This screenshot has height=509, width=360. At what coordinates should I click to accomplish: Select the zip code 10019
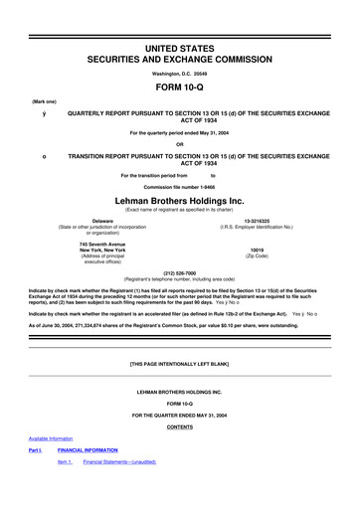257,249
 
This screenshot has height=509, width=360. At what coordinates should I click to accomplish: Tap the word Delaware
101,221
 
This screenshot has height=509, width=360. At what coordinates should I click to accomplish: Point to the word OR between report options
179,145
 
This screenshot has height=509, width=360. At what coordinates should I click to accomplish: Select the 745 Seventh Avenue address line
102,243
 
